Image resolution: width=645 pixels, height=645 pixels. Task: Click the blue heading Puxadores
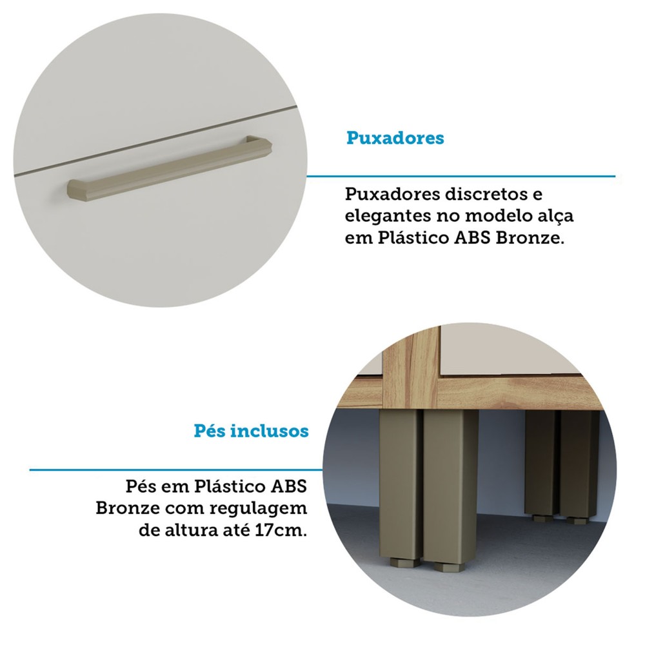(x=395, y=138)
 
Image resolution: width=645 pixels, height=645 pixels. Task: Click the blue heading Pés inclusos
(x=251, y=431)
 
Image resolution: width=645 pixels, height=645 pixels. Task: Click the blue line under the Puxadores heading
(x=461, y=177)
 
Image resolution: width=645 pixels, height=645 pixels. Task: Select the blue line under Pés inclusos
(x=176, y=470)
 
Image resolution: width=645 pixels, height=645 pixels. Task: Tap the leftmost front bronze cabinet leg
(x=400, y=486)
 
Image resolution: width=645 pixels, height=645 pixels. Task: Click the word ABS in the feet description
(x=288, y=486)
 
